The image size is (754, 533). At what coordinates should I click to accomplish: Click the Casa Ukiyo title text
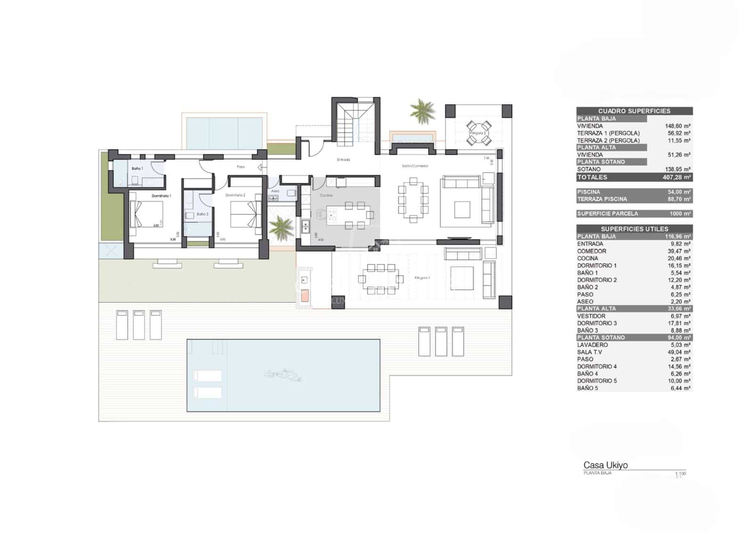pyautogui.click(x=606, y=465)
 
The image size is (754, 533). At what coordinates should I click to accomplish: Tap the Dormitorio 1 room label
pyautogui.click(x=161, y=196)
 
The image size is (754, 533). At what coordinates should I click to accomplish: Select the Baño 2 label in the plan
pyautogui.click(x=202, y=214)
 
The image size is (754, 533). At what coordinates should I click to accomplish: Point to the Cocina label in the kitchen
pyautogui.click(x=326, y=195)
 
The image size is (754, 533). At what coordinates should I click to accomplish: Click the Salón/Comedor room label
pyautogui.click(x=415, y=166)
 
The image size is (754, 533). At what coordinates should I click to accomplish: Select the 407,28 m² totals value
pyautogui.click(x=678, y=177)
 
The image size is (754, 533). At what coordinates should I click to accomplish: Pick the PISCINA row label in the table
pyautogui.click(x=589, y=192)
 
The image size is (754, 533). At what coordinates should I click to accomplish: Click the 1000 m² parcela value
pyautogui.click(x=680, y=213)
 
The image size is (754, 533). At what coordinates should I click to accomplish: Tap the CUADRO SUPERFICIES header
pyautogui.click(x=634, y=111)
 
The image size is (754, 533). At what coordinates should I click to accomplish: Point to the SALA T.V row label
pyautogui.click(x=590, y=352)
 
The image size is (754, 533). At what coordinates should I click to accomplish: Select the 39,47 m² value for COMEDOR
pyautogui.click(x=679, y=251)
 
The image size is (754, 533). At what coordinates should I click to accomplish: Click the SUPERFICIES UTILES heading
pyautogui.click(x=634, y=229)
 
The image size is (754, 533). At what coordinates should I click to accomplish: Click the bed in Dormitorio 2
pyautogui.click(x=245, y=214)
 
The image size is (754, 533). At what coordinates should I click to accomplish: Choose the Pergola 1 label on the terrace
pyautogui.click(x=422, y=278)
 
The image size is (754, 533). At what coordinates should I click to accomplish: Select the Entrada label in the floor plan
pyautogui.click(x=344, y=160)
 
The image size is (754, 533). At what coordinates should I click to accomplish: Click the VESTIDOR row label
pyautogui.click(x=591, y=316)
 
